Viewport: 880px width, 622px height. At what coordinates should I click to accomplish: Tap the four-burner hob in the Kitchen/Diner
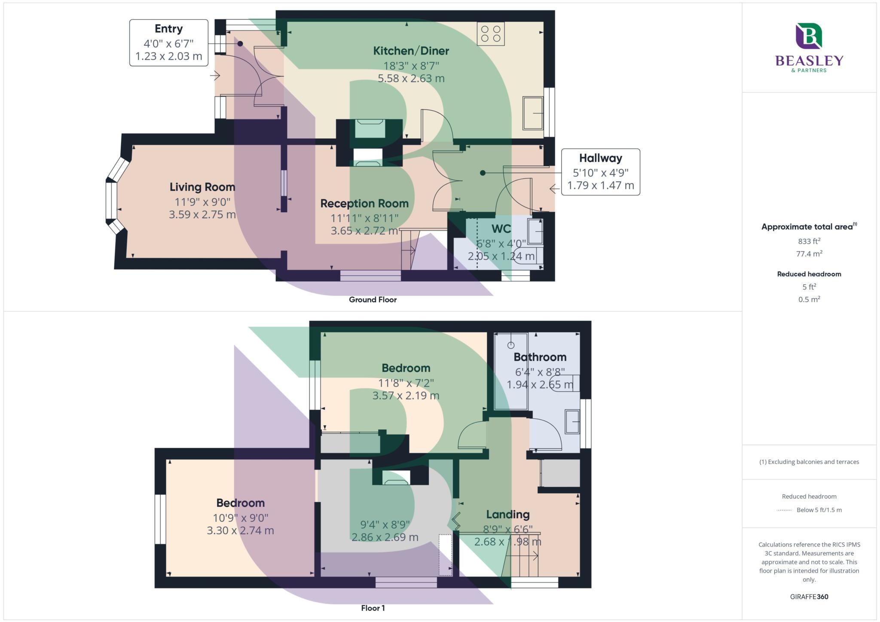(x=491, y=34)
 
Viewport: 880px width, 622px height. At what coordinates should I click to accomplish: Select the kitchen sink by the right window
(x=533, y=113)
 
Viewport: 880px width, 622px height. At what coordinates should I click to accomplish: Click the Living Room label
(x=202, y=187)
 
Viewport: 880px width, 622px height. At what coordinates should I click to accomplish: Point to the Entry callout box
(x=169, y=43)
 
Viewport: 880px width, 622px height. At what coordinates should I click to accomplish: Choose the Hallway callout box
(x=600, y=172)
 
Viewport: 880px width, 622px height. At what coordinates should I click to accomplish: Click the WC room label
(x=501, y=229)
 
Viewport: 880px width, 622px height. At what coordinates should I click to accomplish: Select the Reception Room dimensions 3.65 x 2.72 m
(x=364, y=231)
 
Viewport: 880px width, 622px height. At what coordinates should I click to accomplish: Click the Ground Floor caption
(x=373, y=299)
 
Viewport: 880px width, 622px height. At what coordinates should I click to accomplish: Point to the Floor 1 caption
(x=373, y=608)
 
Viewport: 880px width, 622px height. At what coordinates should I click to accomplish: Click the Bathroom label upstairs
(x=540, y=357)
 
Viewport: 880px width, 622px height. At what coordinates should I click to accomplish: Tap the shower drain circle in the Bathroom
(x=510, y=345)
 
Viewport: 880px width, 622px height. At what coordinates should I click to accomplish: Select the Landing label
(x=507, y=514)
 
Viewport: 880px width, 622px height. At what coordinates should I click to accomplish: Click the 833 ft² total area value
(x=809, y=241)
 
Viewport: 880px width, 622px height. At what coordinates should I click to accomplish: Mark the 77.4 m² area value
(x=809, y=253)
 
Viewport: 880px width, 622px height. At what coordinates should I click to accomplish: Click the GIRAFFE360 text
(x=809, y=597)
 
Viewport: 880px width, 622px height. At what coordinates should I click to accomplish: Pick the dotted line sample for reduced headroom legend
(x=784, y=510)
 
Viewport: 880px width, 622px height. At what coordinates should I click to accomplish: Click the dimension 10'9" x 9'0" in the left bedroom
(x=240, y=518)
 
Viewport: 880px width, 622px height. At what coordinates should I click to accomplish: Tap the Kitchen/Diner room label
(x=411, y=51)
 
